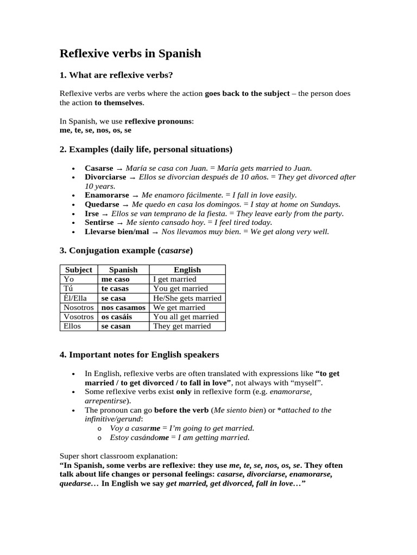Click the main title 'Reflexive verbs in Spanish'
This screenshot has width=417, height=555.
(130, 54)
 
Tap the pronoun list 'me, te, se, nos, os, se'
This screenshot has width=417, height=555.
(96, 130)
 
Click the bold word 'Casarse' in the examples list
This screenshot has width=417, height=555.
(99, 168)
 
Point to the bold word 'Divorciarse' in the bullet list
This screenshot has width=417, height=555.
(105, 177)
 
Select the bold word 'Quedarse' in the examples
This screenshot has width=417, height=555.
(102, 204)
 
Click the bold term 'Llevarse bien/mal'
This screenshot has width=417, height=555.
(116, 231)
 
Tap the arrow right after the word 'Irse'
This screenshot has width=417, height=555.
(105, 214)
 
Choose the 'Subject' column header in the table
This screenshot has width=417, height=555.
(79, 269)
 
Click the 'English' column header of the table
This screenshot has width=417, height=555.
(187, 269)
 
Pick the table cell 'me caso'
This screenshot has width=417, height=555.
(115, 279)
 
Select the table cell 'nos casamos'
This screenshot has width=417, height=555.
(124, 307)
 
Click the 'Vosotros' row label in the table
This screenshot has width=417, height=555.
(79, 317)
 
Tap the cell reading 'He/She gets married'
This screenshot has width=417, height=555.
(187, 298)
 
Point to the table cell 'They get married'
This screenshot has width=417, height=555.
(182, 326)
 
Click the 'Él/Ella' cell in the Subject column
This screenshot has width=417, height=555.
(75, 298)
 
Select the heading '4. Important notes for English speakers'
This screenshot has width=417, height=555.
(140, 355)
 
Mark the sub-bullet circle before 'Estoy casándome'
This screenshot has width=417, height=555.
(99, 437)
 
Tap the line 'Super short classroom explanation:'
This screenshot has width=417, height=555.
(118, 456)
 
